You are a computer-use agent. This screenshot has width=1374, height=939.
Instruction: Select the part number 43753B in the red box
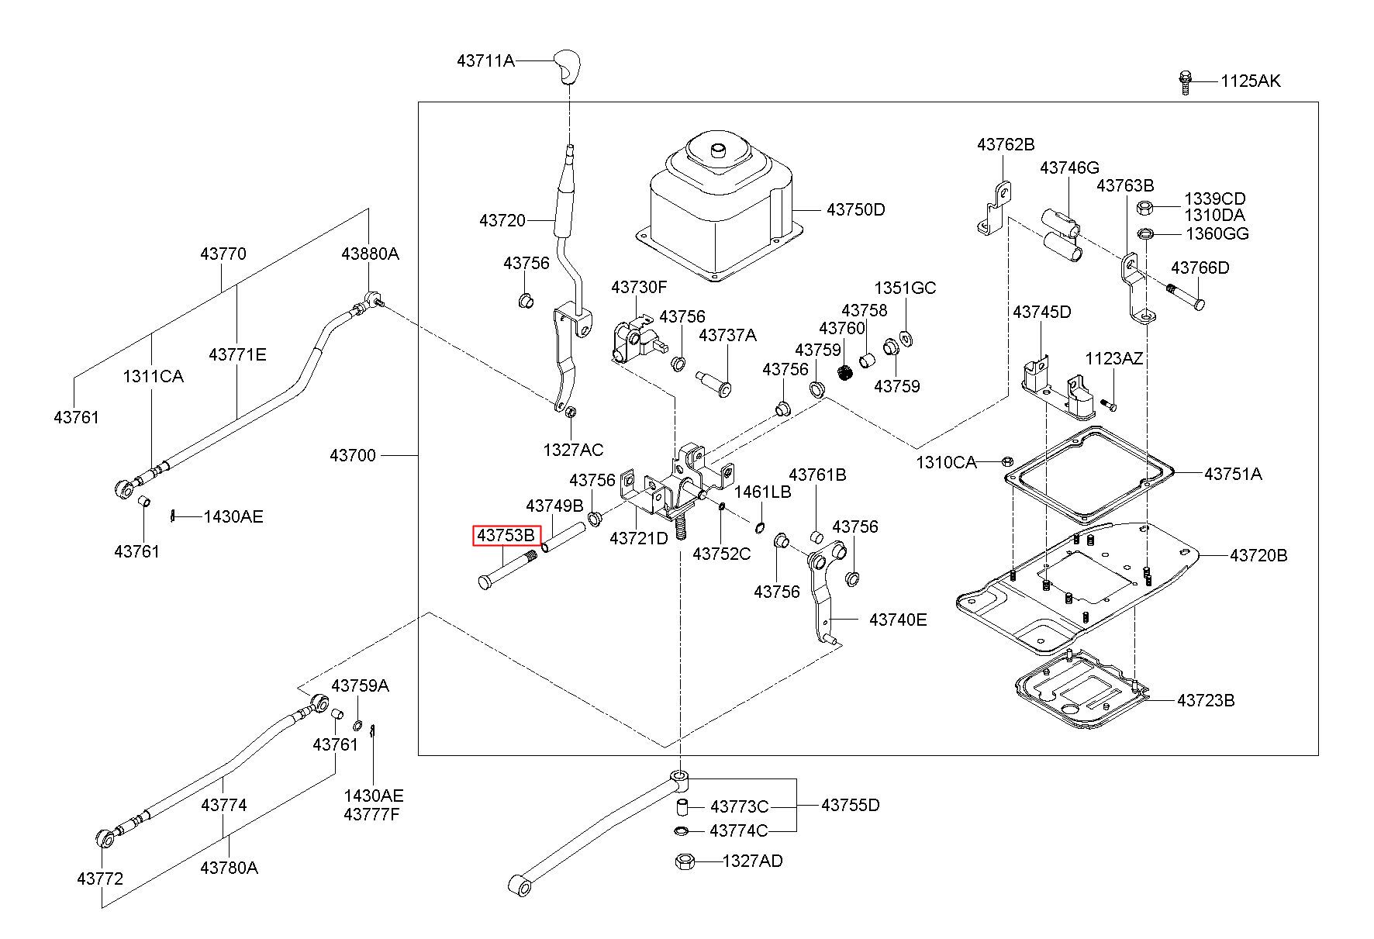(506, 535)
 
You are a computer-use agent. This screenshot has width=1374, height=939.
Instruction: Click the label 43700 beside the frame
(353, 455)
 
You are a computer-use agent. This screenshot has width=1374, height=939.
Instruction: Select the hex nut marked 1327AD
(685, 861)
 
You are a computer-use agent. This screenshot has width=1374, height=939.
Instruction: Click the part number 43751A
(1233, 474)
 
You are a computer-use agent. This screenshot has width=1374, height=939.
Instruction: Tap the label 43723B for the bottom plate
(1206, 700)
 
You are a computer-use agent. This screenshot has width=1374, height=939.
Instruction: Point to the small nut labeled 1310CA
(1007, 461)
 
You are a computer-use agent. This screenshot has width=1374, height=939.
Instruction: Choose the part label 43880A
(371, 254)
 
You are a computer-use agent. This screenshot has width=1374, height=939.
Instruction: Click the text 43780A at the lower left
(229, 867)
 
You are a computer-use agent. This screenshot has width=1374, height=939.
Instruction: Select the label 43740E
(898, 620)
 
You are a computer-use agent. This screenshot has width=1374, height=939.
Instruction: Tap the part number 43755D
(851, 805)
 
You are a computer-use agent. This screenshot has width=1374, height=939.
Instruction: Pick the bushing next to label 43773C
(680, 806)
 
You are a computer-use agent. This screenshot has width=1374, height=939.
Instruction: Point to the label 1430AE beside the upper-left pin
(233, 516)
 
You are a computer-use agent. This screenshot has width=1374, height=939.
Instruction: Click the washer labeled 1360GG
(1145, 233)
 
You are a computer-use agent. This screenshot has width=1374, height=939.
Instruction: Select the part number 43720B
(1258, 555)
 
